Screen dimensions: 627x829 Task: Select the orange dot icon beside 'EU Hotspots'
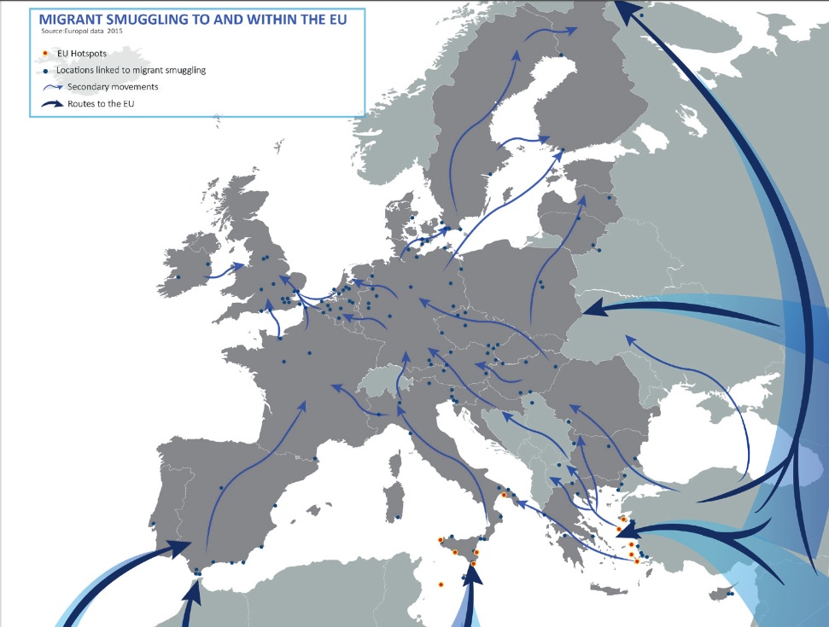click(x=44, y=54)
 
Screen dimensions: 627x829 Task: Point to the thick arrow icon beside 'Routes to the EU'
click(x=53, y=104)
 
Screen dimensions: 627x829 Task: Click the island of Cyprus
click(x=725, y=592)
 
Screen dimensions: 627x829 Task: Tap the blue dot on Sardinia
click(x=399, y=518)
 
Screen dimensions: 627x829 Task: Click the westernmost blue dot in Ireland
click(x=178, y=277)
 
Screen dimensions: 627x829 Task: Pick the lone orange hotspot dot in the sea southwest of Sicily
click(x=441, y=584)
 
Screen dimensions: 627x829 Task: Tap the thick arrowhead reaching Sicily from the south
click(x=471, y=573)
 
